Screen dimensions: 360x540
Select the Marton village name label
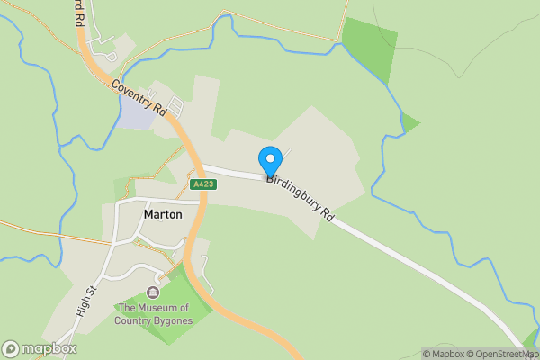[x=163, y=215]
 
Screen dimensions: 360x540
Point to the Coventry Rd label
[x=139, y=98]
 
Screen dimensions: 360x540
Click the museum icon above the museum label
[x=152, y=292]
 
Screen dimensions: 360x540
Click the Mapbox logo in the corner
[x=40, y=348]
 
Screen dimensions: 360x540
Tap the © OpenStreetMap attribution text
[x=503, y=354]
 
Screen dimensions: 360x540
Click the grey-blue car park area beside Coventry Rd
[x=136, y=112]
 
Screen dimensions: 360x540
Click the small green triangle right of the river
[x=409, y=122]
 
